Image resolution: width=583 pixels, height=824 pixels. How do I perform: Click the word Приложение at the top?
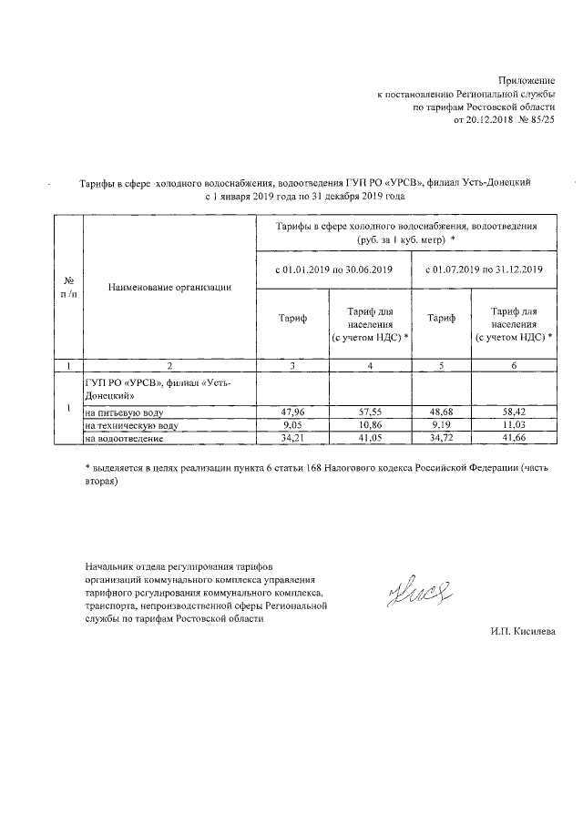(x=529, y=81)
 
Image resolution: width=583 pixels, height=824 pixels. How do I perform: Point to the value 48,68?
(x=442, y=412)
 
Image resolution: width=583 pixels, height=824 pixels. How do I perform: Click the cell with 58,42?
(x=514, y=412)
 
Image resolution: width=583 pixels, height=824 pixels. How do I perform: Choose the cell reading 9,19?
(x=442, y=425)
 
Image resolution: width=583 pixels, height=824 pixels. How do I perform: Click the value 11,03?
(x=514, y=425)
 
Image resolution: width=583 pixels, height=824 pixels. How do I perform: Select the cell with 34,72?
(x=442, y=439)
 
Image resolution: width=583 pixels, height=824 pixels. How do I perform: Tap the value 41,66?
(x=514, y=439)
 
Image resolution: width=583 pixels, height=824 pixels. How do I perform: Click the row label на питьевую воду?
(x=125, y=412)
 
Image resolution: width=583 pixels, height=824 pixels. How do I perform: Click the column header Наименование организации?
(x=169, y=288)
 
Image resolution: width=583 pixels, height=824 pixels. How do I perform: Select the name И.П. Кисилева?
(x=522, y=632)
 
